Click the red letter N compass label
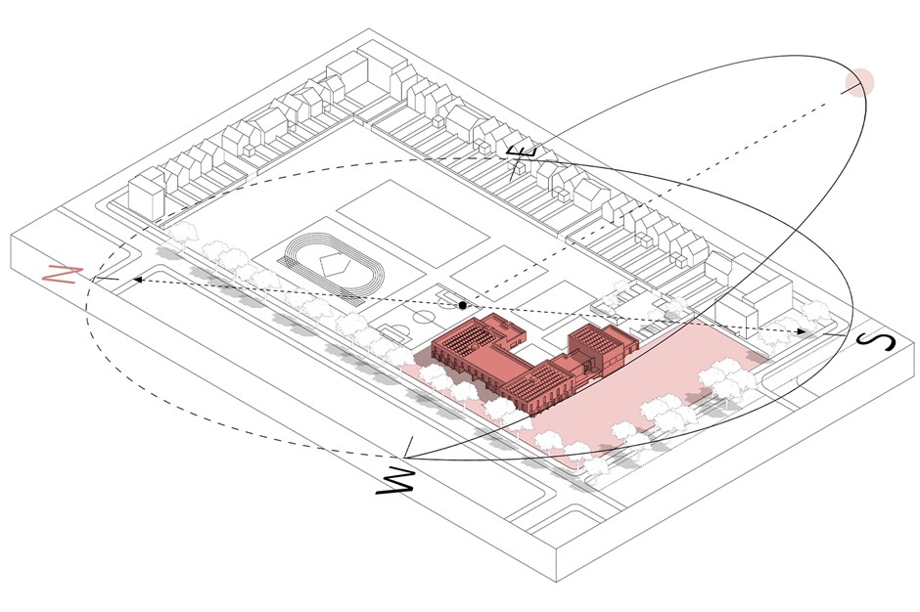coord(64,275)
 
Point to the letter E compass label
coord(521,160)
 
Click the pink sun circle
coord(859,82)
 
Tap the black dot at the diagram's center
coord(462,305)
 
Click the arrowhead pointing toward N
coord(137,280)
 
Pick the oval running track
coord(334,264)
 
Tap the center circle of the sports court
coord(423,317)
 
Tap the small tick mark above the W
coord(408,447)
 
